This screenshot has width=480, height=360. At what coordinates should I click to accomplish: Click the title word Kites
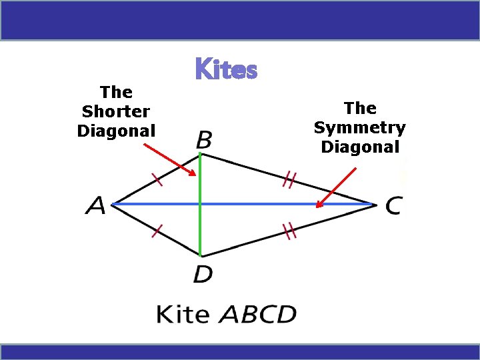click(x=226, y=69)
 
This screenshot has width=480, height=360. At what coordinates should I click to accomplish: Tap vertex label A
click(x=95, y=206)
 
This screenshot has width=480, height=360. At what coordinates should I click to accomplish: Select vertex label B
click(x=205, y=140)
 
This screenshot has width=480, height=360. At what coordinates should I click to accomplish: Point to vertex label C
click(x=393, y=206)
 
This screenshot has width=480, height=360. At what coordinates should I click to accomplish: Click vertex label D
click(x=203, y=273)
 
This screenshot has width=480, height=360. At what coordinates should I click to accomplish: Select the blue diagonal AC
click(x=267, y=204)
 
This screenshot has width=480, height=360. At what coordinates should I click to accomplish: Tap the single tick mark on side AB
click(x=157, y=178)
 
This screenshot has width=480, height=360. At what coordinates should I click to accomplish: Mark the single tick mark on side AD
click(x=157, y=231)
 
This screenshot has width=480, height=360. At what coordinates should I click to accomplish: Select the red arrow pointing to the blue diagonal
click(x=337, y=187)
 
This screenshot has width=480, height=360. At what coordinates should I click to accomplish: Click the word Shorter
click(x=116, y=111)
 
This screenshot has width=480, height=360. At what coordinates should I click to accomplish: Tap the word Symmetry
click(x=360, y=127)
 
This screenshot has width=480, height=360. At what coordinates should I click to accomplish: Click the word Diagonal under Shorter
click(x=116, y=131)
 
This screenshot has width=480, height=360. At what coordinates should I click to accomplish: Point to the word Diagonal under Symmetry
click(x=360, y=147)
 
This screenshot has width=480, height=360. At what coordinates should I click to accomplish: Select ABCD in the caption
click(x=257, y=314)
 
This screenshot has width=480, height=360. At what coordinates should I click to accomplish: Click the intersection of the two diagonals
click(x=200, y=204)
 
